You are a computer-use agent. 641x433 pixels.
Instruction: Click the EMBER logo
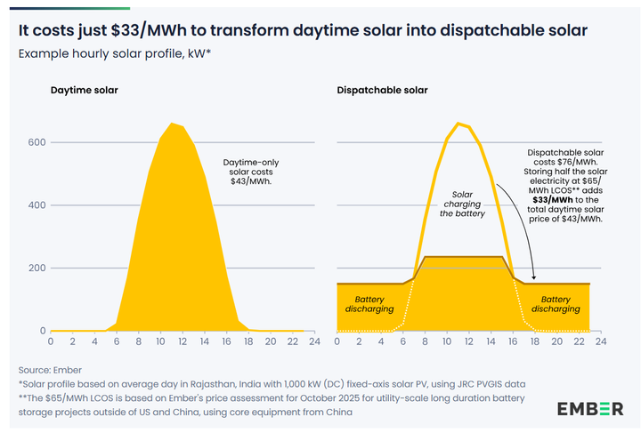590,408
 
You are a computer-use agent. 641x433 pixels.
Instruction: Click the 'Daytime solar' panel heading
84,90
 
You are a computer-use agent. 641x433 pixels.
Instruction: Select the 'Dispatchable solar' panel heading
382,90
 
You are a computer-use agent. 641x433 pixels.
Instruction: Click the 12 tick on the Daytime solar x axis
179,341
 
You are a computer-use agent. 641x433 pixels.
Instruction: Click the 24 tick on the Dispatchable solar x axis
600,341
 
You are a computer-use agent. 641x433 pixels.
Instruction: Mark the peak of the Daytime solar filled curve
172,124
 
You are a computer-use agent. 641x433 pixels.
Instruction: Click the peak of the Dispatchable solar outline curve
458,124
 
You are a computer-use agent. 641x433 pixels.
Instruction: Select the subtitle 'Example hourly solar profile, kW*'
113,53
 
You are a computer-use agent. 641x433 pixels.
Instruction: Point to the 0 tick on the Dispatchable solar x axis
337,341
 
